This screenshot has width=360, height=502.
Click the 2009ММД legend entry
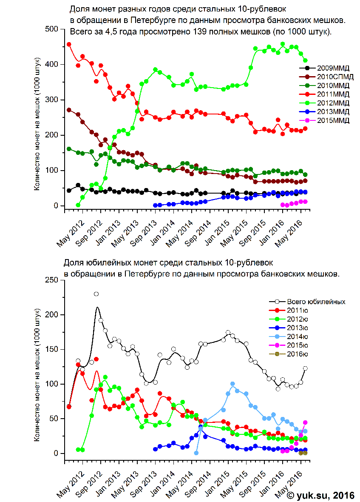(x=324, y=68)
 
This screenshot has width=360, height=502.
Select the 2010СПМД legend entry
(x=326, y=77)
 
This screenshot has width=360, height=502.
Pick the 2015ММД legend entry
(x=324, y=120)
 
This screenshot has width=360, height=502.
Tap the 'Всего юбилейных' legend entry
(x=307, y=302)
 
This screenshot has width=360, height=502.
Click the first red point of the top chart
(x=69, y=44)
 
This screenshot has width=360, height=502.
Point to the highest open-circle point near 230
(x=96, y=294)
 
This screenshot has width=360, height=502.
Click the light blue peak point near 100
(x=232, y=384)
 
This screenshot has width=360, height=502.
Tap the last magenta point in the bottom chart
(x=305, y=422)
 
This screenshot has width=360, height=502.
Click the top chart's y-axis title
(x=37, y=124)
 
